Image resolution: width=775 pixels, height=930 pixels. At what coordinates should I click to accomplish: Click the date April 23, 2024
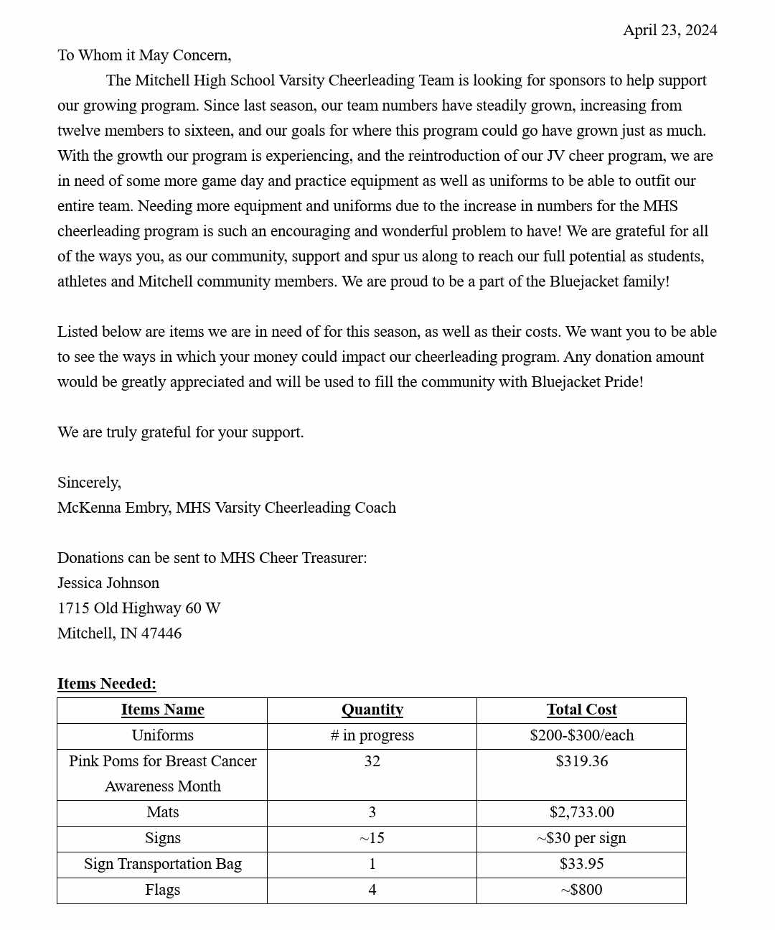[670, 30]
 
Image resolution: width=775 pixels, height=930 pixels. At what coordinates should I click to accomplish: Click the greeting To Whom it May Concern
[144, 55]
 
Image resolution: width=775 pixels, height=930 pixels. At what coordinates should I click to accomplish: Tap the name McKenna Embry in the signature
[114, 508]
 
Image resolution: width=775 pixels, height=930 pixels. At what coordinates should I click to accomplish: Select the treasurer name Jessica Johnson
[108, 583]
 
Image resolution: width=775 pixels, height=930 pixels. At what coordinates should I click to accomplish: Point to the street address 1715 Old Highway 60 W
[138, 608]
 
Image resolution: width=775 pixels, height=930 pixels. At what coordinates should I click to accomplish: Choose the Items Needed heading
[107, 684]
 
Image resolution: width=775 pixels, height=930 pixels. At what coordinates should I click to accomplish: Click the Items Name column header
[162, 710]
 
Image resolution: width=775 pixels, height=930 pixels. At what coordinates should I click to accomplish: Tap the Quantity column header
[372, 710]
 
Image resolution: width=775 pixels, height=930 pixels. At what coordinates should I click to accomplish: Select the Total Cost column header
[581, 710]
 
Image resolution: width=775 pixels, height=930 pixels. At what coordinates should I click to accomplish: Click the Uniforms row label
[162, 735]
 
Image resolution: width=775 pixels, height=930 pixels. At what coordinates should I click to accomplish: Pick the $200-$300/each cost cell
[581, 735]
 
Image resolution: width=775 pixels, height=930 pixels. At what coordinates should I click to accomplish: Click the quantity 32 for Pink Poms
[372, 761]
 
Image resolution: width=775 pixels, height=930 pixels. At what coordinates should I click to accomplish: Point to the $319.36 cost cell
[581, 761]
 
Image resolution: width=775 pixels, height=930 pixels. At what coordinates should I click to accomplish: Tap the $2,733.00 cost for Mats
[581, 812]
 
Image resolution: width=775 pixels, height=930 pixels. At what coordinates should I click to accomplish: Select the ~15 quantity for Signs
[372, 838]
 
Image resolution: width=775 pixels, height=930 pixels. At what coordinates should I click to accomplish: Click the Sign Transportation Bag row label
[162, 864]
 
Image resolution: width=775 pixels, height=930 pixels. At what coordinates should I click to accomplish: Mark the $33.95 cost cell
[581, 864]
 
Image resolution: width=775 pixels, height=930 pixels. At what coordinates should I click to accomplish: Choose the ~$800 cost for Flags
[581, 890]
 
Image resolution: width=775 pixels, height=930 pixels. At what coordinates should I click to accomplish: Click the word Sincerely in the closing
[89, 483]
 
